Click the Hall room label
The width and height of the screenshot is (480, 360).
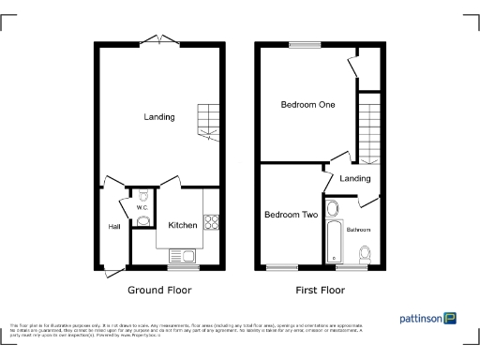pos(113,226)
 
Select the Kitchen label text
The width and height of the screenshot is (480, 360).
pos(182,225)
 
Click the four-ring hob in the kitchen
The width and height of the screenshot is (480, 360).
pos(211,223)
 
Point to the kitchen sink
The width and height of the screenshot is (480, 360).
pos(179,255)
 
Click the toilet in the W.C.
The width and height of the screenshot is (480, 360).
pos(142,197)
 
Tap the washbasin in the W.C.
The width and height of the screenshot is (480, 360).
pos(142,220)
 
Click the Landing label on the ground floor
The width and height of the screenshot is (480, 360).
pos(158,117)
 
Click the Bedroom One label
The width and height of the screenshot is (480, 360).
pos(307,105)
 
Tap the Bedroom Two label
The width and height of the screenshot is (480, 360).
pos(291,215)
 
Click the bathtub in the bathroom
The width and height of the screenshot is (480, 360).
pos(334,232)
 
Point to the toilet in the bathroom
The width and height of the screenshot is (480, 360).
pos(367,252)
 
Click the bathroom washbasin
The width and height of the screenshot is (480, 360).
pos(334,208)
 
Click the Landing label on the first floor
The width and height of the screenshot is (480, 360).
pos(355,178)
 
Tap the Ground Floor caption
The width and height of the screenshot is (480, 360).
pos(159,291)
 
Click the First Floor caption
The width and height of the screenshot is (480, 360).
pos(321,291)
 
